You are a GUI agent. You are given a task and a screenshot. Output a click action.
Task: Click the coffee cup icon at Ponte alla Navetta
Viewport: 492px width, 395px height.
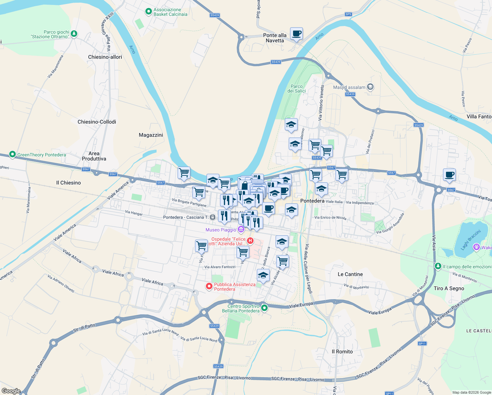(296, 34)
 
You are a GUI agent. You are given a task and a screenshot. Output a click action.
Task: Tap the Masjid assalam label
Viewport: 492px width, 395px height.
(349, 87)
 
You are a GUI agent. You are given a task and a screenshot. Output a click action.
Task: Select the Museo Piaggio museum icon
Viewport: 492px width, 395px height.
(241, 229)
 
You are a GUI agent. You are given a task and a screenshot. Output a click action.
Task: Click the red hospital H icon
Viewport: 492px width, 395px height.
(250, 241)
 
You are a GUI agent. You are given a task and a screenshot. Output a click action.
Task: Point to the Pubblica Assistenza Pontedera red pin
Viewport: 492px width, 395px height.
(209, 286)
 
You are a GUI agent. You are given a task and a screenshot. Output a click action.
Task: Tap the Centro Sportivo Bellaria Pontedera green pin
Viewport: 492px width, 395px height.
(264, 308)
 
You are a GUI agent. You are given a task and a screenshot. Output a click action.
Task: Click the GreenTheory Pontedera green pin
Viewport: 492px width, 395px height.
(12, 154)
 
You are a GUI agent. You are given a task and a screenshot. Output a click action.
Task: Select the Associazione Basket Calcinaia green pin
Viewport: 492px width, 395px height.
(149, 12)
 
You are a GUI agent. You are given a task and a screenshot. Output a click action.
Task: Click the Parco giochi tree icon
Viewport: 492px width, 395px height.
(74, 34)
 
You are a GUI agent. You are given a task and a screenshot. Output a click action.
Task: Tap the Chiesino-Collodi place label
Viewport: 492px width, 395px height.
(97, 122)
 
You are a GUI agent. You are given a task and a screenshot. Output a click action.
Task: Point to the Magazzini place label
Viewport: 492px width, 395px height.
(151, 135)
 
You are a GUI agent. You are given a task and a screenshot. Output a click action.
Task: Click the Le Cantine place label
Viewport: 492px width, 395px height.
(350, 274)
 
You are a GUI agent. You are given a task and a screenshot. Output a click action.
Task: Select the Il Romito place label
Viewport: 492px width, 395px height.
(342, 352)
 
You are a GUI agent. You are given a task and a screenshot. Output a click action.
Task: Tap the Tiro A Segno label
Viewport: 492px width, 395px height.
(449, 288)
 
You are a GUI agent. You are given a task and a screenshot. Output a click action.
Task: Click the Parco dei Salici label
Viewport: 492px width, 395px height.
(297, 89)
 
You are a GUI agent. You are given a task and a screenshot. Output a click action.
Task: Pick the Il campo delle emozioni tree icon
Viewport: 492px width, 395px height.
(438, 266)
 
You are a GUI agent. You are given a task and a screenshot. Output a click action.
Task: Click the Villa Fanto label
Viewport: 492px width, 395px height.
(479, 117)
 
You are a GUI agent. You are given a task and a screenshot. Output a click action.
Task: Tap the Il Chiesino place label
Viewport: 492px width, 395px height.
(68, 183)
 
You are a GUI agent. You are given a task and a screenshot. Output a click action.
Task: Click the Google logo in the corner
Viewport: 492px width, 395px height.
(11, 391)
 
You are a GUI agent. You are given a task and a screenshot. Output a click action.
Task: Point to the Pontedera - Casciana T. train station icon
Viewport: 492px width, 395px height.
(213, 217)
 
